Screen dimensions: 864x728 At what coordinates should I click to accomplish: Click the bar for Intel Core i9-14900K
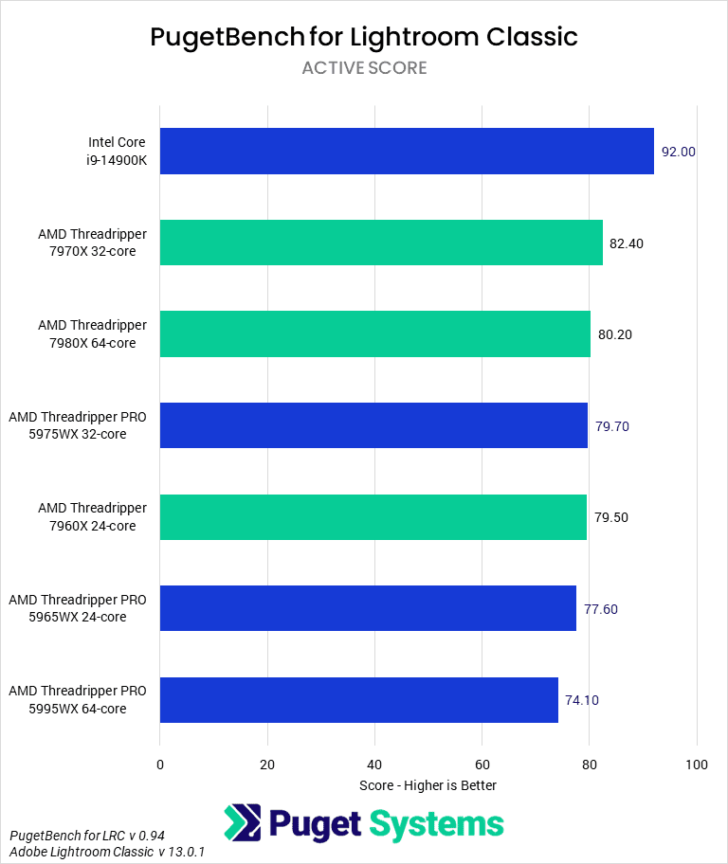(x=407, y=152)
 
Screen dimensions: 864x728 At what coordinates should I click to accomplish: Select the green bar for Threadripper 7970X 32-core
(x=381, y=243)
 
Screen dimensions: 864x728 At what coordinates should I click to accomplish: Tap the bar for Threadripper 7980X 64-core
(x=374, y=334)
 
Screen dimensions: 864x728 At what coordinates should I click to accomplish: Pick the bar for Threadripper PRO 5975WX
(x=373, y=425)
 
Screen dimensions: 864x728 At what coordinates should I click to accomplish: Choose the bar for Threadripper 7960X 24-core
(x=373, y=517)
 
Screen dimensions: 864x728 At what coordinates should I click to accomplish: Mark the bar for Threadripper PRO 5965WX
(x=368, y=608)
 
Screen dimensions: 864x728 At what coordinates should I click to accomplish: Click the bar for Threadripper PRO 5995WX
(x=358, y=700)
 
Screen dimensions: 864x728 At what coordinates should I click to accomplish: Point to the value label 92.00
(x=679, y=152)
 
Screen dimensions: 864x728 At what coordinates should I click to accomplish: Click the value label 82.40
(x=627, y=243)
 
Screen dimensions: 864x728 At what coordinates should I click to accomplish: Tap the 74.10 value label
(x=582, y=701)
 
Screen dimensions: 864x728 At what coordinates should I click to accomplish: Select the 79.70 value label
(x=611, y=426)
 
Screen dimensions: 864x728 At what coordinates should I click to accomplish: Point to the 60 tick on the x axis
(x=482, y=765)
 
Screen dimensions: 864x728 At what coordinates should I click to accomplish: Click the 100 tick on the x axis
(x=697, y=765)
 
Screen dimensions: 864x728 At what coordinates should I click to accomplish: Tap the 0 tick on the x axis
(x=160, y=765)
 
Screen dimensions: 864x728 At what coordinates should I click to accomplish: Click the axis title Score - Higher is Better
(x=428, y=785)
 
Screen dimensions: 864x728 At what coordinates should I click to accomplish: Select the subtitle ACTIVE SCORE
(x=364, y=68)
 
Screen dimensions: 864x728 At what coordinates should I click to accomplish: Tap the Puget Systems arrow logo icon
(x=242, y=823)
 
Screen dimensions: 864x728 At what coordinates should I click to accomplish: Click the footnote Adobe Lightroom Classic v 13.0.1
(x=107, y=852)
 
